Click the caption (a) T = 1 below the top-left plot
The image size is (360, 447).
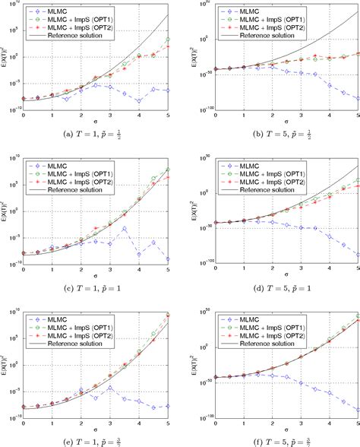click(90, 134)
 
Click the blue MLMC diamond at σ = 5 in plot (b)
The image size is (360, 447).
click(358, 98)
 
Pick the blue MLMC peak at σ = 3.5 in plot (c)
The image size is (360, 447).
click(125, 228)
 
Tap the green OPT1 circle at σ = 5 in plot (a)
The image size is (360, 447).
click(168, 40)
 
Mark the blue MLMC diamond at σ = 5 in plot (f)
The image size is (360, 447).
click(358, 409)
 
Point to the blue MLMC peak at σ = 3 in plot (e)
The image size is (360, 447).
click(110, 387)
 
